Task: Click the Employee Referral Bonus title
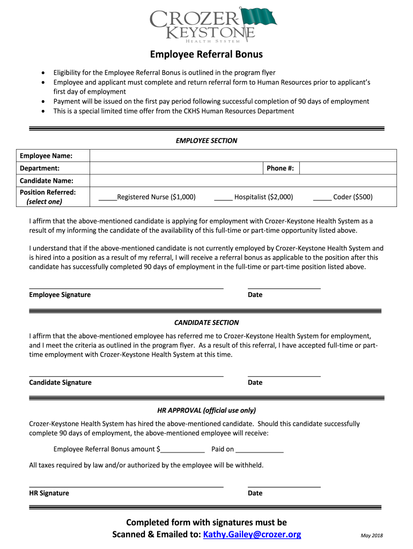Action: (x=206, y=54)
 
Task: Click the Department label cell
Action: (x=53, y=168)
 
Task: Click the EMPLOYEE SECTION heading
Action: (x=206, y=140)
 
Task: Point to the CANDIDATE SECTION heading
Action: (x=206, y=323)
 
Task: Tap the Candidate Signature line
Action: (x=126, y=375)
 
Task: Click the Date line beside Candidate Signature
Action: (x=284, y=375)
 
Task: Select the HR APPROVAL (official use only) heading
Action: (x=206, y=411)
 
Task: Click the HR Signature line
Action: (x=126, y=486)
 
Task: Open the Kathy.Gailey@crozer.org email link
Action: (x=252, y=535)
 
